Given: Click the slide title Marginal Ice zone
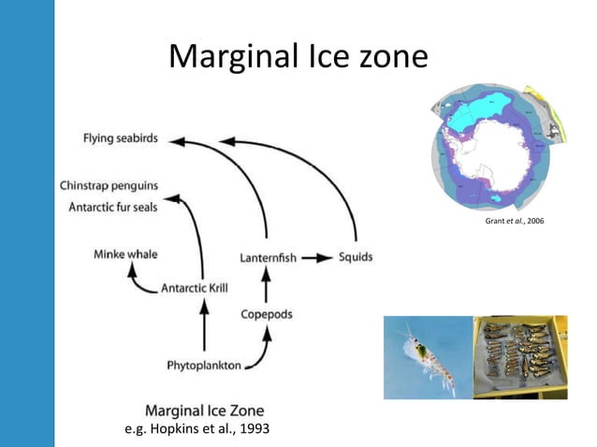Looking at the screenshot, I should (298, 57).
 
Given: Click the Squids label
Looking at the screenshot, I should (356, 257).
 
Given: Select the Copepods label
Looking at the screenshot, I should (267, 314).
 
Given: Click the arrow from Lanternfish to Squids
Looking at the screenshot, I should (318, 257).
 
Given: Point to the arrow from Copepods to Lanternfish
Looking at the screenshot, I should (267, 286).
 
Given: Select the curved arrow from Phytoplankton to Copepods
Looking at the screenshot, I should (265, 351).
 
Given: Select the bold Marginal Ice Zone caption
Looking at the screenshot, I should (205, 410).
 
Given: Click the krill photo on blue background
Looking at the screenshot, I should (428, 356).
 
